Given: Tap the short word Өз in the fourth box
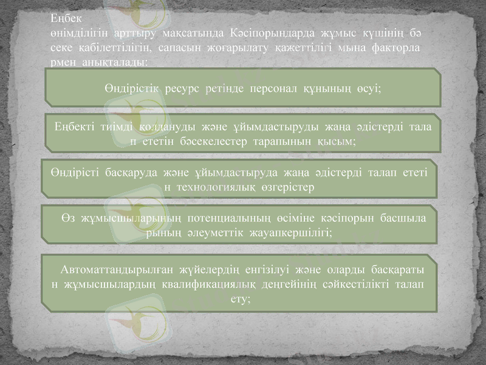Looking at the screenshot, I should (68, 217).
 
